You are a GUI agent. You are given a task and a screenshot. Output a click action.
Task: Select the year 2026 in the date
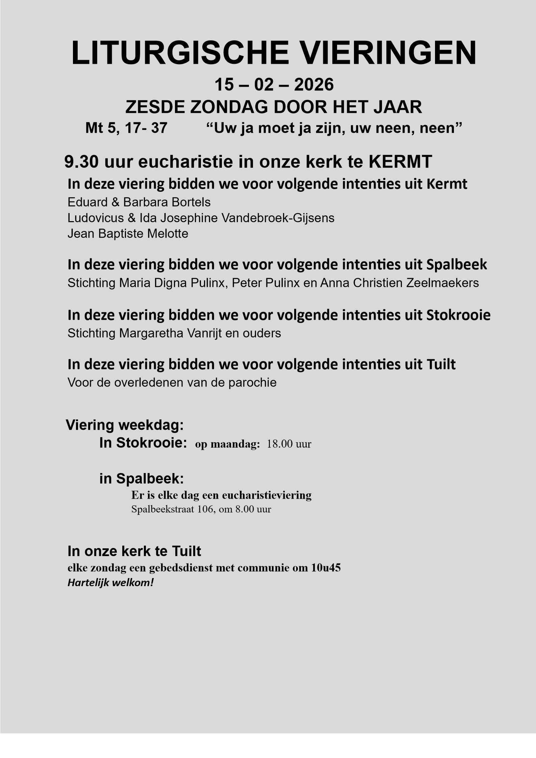click(314, 84)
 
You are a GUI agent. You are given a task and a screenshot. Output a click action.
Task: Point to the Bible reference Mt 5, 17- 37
click(126, 128)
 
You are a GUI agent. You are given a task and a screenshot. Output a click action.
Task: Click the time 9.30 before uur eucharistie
click(81, 162)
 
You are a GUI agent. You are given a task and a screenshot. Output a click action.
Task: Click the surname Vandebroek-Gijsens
click(278, 218)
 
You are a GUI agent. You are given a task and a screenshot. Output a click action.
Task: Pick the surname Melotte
click(168, 234)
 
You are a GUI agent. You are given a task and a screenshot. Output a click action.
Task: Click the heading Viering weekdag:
click(125, 425)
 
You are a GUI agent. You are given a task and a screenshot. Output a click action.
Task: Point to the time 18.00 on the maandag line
click(280, 444)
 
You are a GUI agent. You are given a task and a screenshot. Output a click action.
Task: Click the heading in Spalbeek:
click(142, 478)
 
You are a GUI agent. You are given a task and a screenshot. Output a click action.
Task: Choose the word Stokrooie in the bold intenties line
click(458, 315)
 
